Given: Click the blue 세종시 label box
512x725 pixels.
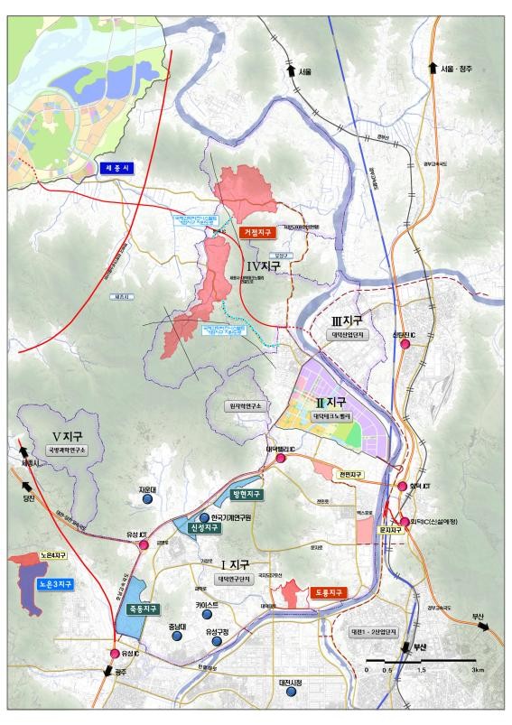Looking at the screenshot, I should click(x=118, y=168).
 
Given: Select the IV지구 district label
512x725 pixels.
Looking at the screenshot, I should click(x=265, y=267).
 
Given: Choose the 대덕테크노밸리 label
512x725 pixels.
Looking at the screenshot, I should click(x=331, y=417).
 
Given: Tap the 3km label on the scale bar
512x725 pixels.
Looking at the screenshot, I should click(x=477, y=670).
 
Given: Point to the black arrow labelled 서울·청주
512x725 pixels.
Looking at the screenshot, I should click(x=434, y=70).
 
